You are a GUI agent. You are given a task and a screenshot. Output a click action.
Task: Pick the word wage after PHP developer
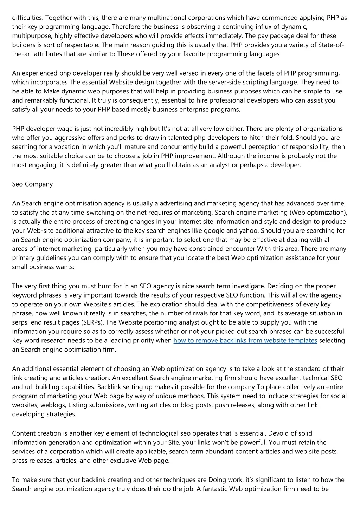(x=75, y=129)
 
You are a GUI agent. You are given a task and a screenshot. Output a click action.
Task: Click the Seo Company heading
(x=32, y=184)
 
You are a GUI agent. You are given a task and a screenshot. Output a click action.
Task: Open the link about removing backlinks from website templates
(x=245, y=340)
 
